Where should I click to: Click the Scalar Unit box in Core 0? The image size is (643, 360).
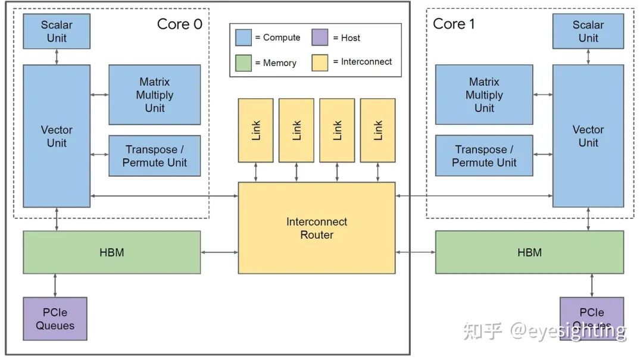click(x=57, y=32)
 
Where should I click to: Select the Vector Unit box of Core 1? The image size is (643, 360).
click(x=588, y=136)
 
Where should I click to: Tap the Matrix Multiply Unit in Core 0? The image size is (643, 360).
click(x=154, y=95)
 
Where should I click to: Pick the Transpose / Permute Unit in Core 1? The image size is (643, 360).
click(x=484, y=156)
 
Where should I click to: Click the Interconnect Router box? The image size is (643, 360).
click(x=316, y=228)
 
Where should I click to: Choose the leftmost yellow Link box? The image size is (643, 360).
click(x=256, y=130)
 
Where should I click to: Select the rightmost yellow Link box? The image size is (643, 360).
click(x=377, y=130)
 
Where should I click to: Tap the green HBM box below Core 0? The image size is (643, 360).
click(x=112, y=252)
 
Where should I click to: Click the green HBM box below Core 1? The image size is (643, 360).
click(x=529, y=252)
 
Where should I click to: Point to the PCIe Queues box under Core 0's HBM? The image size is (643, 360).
click(x=55, y=319)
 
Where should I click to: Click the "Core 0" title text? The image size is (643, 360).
click(x=179, y=24)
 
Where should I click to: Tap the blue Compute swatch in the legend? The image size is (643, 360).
click(x=244, y=37)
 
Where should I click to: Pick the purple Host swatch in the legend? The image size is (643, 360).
click(x=320, y=37)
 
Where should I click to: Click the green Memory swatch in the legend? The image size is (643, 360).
click(x=244, y=62)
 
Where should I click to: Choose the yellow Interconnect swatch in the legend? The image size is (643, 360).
click(x=320, y=62)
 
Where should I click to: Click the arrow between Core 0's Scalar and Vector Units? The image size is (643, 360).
click(x=57, y=57)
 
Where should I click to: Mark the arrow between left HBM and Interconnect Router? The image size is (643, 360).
click(x=219, y=252)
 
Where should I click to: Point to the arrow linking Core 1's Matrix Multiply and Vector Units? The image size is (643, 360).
click(x=542, y=95)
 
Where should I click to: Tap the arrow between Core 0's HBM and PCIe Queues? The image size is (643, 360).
click(x=55, y=286)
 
